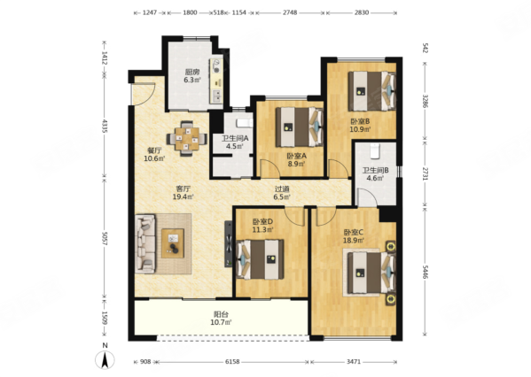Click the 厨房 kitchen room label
(191, 72)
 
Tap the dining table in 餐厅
(187, 139)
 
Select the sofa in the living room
(145, 243)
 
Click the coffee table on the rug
(173, 243)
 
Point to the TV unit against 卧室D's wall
(229, 243)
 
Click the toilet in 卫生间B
(375, 150)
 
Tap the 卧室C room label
(354, 232)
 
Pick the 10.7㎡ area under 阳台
(221, 322)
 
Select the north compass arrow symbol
(105, 360)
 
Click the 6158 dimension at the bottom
(232, 362)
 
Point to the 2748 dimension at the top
(290, 12)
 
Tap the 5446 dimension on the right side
(426, 272)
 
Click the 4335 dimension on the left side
(105, 126)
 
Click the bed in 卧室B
(371, 91)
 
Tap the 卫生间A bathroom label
(235, 138)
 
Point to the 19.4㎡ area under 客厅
(184, 196)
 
